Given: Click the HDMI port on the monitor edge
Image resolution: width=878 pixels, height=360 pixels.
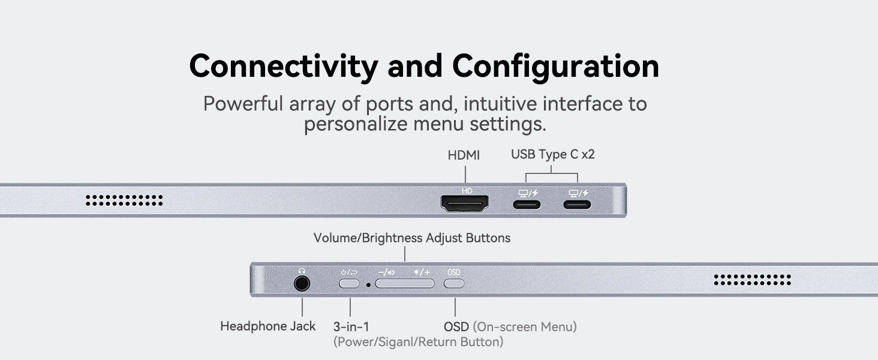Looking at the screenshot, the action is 464,203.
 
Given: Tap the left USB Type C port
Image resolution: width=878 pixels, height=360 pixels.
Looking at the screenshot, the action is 527,205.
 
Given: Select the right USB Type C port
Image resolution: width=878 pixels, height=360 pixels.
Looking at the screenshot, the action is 577,205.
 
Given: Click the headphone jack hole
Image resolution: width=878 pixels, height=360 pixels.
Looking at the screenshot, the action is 302,283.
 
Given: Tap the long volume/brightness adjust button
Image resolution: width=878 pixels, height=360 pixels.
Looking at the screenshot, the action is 405,283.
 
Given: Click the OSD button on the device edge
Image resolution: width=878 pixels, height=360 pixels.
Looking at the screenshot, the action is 454,283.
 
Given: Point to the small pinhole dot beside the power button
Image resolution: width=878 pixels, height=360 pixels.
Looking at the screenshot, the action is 368,285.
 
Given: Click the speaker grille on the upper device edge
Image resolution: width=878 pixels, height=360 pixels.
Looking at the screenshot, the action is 124,200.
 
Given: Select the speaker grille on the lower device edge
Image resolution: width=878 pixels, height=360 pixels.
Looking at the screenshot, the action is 752,280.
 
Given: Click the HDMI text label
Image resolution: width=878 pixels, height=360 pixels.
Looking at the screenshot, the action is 464,155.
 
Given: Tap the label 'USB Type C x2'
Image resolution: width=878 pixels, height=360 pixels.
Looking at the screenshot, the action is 553,154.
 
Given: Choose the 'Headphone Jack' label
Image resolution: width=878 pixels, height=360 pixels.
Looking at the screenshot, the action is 267,326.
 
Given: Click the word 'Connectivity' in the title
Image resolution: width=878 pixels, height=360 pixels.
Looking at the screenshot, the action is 284,66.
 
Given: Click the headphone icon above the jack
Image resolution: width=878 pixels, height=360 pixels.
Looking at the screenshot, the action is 302,271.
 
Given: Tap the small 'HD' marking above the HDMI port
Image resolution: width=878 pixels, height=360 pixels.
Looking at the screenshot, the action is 467,191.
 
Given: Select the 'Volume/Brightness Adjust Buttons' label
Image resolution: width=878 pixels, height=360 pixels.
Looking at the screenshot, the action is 412,238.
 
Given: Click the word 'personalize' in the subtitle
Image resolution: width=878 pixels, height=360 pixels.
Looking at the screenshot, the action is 356,124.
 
